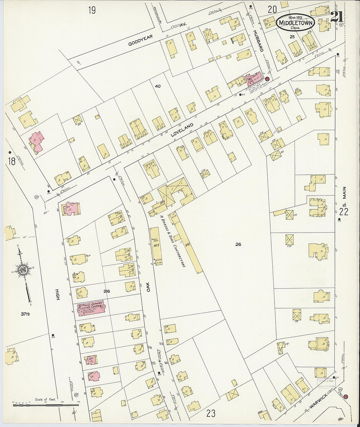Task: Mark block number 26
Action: pos(238,244)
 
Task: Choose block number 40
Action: pos(157,86)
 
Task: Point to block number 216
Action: pos(106,292)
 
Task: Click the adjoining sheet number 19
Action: pos(92,10)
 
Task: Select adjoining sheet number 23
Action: pos(211,414)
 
